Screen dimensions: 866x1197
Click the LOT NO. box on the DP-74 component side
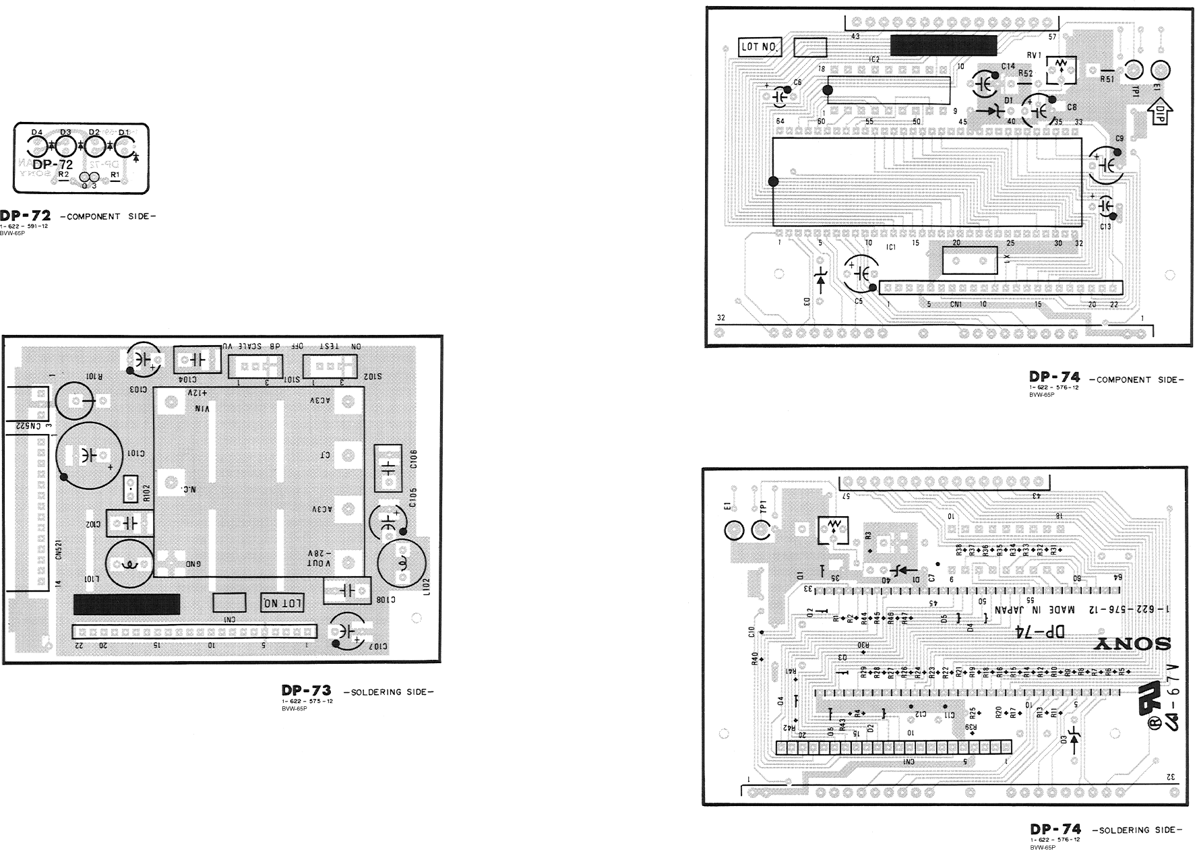760,47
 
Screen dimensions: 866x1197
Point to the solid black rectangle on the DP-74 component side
943,45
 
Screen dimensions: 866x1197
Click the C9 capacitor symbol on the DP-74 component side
1106,164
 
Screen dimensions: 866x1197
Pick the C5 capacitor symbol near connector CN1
861,272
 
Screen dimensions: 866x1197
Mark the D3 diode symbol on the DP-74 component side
820,277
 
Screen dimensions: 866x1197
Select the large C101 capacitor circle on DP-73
89,455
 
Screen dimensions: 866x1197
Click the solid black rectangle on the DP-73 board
127,604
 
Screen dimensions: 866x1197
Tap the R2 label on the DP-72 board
63,175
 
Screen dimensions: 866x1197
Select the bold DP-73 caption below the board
306,691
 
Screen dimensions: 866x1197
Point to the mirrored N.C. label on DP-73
189,490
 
